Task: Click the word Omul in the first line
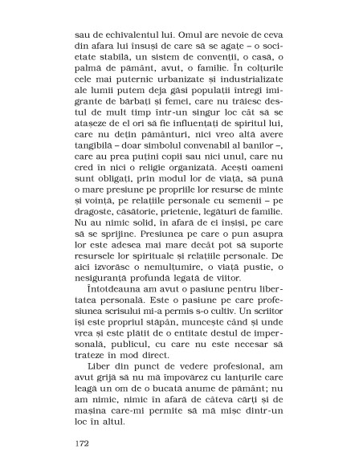[x=184, y=36]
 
